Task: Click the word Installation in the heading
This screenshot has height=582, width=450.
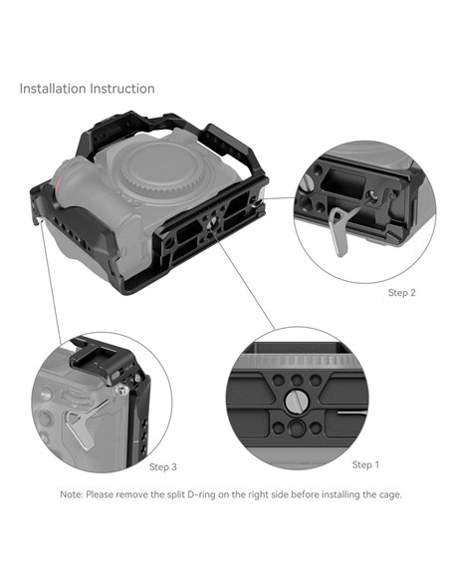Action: pyautogui.click(x=51, y=89)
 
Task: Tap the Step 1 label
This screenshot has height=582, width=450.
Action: pyautogui.click(x=365, y=464)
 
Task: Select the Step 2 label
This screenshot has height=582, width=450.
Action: pyautogui.click(x=401, y=293)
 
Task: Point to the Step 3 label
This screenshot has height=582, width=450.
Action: pyautogui.click(x=163, y=466)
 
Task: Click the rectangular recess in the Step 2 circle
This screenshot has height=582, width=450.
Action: pyautogui.click(x=343, y=185)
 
